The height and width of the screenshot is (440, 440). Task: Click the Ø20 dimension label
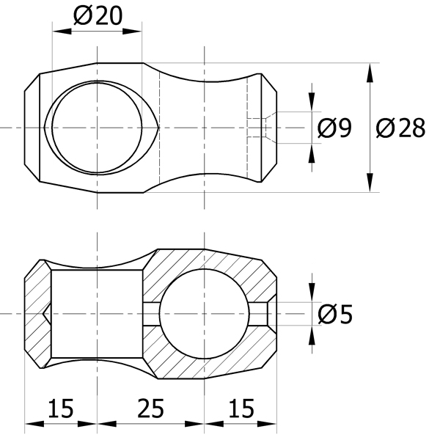pos(98,16)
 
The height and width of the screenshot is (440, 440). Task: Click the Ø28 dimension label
pos(400,128)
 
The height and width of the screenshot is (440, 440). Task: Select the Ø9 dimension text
pos(334,128)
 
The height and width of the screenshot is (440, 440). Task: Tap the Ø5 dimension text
pos(335,315)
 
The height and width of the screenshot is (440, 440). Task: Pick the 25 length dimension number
pos(150,408)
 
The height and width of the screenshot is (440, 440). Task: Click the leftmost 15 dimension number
pos(61,408)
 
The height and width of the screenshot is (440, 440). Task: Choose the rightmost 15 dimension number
pos(241,408)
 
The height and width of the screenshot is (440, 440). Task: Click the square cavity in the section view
pos(97,314)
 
